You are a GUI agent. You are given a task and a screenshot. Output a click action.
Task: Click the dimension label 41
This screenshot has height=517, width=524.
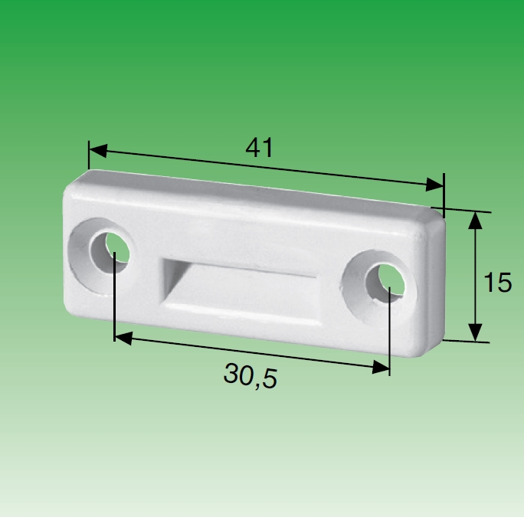pos(259,147)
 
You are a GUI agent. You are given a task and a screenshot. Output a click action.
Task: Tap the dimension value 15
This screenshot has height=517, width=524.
pos(498,283)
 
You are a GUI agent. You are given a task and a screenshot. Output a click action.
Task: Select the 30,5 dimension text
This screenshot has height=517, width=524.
pos(251,375)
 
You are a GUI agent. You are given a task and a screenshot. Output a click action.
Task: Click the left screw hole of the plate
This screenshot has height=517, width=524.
pos(106,248)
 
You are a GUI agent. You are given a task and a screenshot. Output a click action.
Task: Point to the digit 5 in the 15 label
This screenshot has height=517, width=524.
pos(504,283)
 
